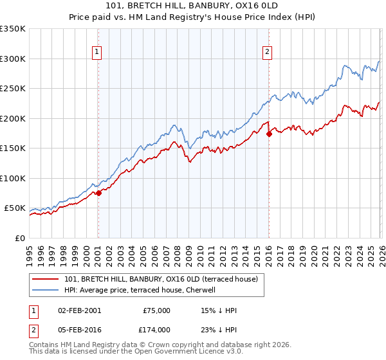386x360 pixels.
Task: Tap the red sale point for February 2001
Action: coord(98,194)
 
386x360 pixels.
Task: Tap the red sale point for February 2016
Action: coord(269,134)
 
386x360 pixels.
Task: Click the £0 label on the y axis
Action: coord(19,238)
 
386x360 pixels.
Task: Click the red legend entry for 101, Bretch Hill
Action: coord(161,279)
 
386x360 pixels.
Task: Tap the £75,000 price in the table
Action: coord(156,310)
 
